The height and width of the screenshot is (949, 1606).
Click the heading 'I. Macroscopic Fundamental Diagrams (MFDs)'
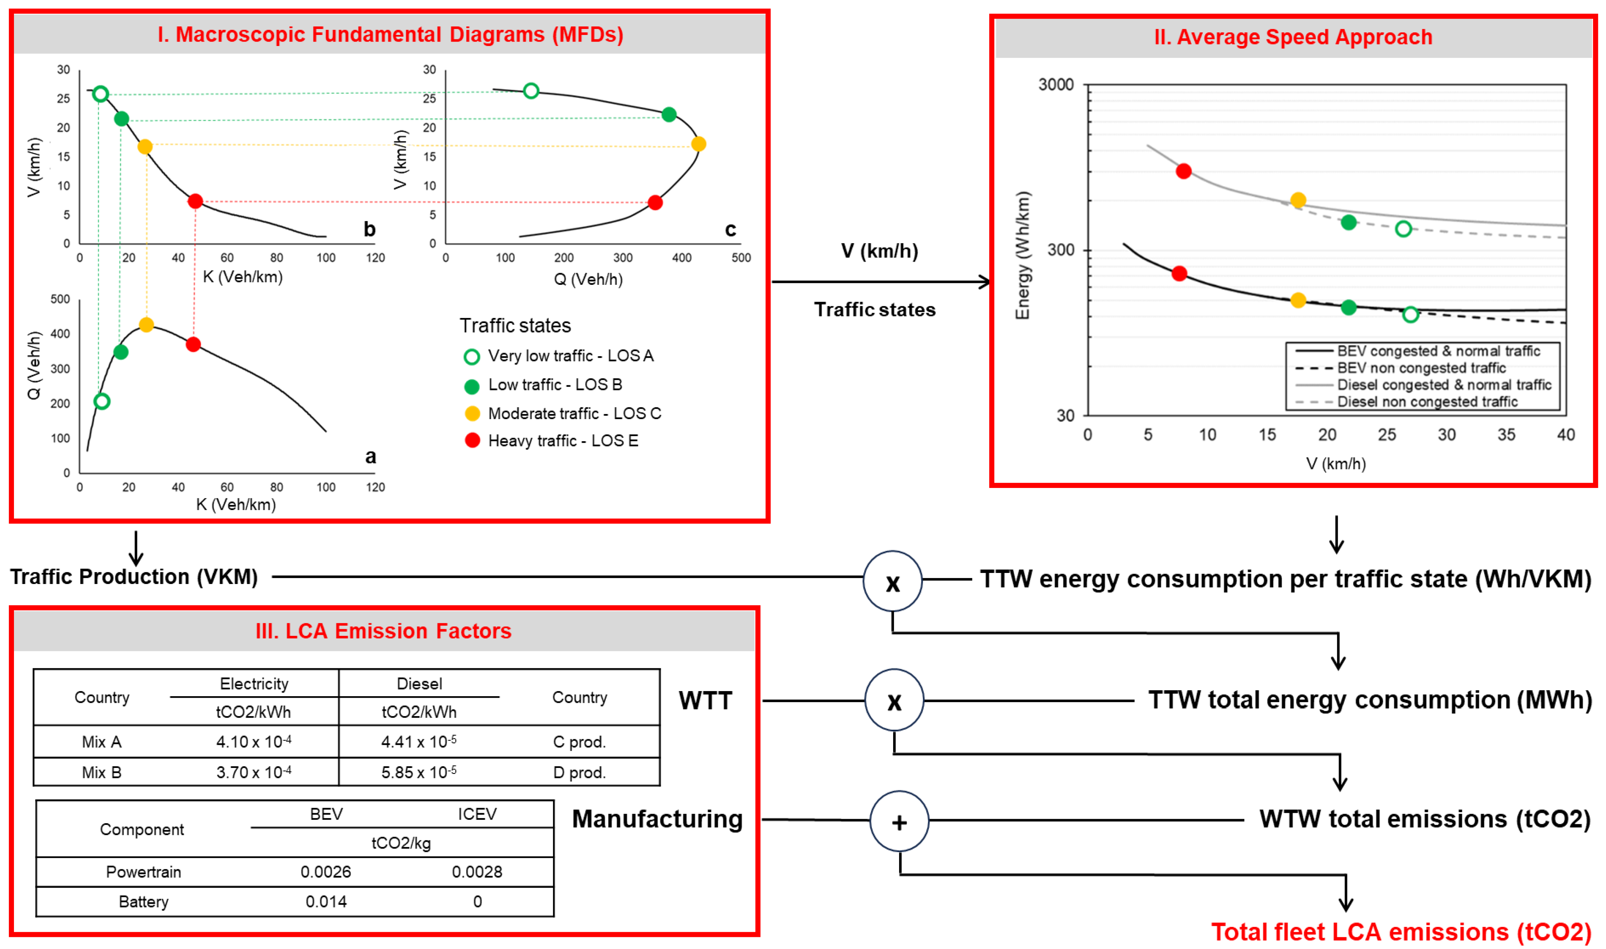click(x=390, y=35)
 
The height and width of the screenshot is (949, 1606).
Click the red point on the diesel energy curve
click(x=1183, y=171)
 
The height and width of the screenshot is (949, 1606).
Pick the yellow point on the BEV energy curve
click(x=1298, y=300)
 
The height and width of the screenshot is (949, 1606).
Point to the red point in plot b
click(x=195, y=201)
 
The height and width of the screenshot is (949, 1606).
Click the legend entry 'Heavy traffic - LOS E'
click(x=563, y=440)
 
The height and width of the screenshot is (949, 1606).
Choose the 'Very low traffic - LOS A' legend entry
click(x=570, y=355)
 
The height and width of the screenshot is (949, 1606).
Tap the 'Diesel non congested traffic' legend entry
click(x=1427, y=401)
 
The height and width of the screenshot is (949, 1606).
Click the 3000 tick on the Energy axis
click(x=1055, y=84)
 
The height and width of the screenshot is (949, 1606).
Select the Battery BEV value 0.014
click(x=326, y=902)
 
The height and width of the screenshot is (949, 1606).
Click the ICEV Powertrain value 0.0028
click(x=477, y=872)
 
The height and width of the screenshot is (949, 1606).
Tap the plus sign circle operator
click(x=899, y=822)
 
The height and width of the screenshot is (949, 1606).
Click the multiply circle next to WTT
click(x=894, y=701)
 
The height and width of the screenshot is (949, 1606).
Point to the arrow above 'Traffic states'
click(x=881, y=282)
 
